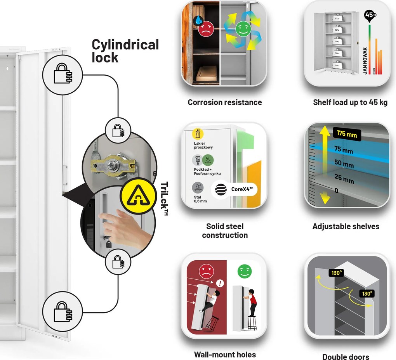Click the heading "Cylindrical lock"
pos(125,51)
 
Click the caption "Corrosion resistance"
pos(225,102)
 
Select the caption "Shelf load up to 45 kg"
pos(350,102)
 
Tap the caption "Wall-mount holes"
pos(225,355)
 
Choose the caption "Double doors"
pos(346,357)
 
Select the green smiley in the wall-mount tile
pos(245,271)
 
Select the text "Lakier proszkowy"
pos(203,145)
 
